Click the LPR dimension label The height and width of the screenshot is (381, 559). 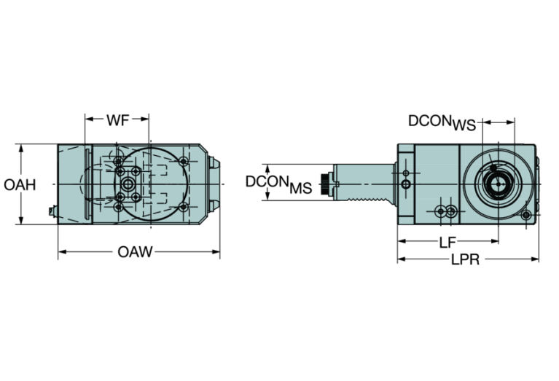click(x=465, y=259)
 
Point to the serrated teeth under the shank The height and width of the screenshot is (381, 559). click(x=369, y=199)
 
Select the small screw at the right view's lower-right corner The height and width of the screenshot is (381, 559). click(x=529, y=215)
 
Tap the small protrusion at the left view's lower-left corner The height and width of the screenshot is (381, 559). click(x=51, y=213)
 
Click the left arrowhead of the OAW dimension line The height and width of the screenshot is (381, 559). click(x=61, y=253)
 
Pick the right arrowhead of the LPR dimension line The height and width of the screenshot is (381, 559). click(x=536, y=259)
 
